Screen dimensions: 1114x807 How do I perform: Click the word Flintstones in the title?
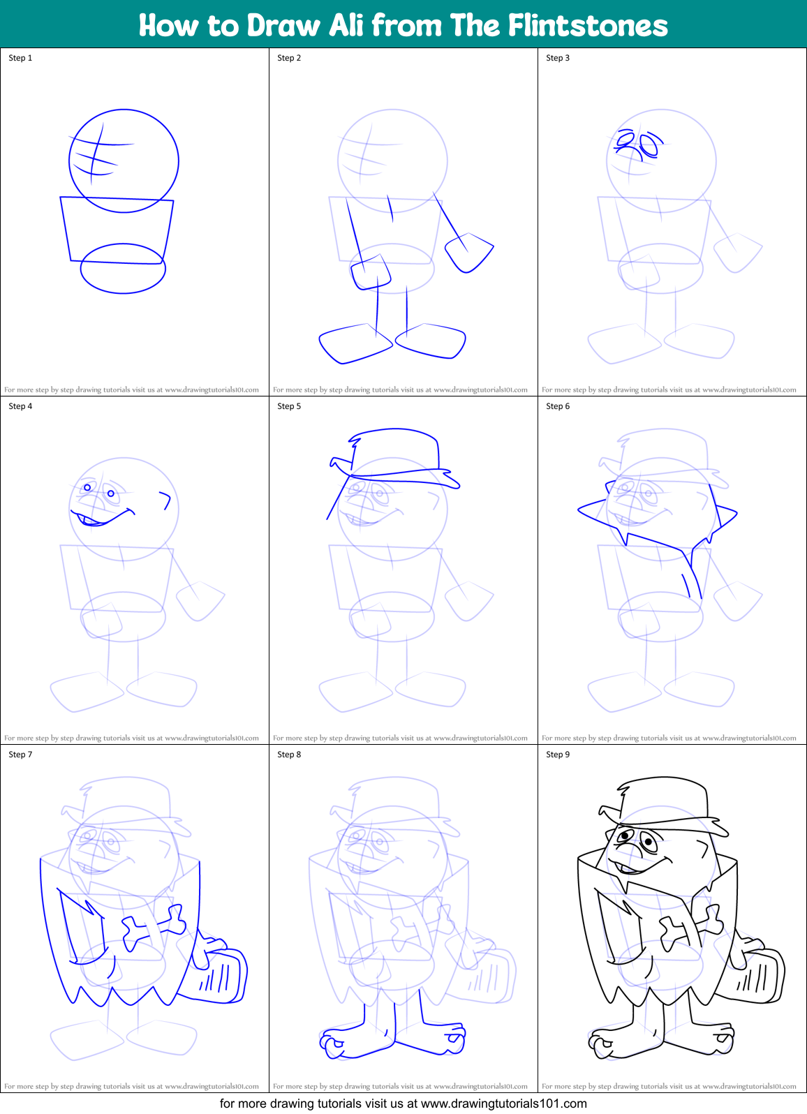click(587, 26)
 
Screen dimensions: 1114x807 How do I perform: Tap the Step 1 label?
click(20, 58)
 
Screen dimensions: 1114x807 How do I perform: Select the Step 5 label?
click(289, 406)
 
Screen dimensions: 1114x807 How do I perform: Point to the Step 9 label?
click(558, 755)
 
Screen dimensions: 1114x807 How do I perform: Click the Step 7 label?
click(20, 755)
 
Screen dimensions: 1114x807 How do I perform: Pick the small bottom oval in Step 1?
click(123, 269)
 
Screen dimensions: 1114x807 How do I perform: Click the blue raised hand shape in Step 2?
click(468, 252)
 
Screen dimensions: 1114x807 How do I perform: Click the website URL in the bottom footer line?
click(503, 1104)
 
